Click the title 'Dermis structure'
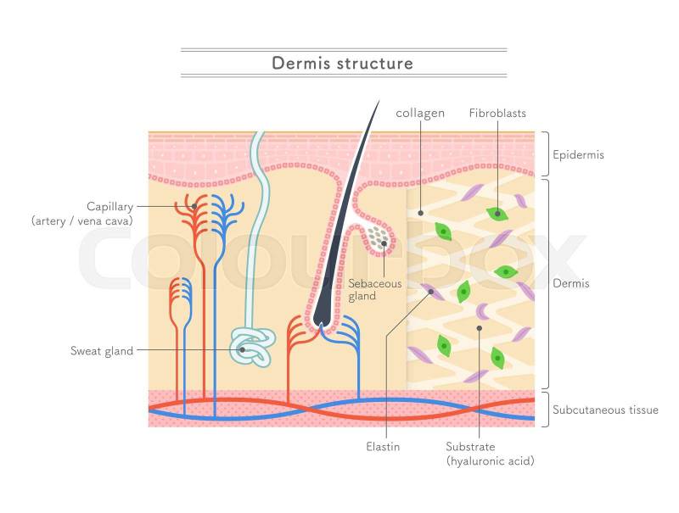coord(342,64)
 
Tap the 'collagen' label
coord(420,113)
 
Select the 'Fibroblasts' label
coord(497,113)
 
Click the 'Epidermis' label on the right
coord(578,155)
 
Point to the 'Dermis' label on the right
coord(570,283)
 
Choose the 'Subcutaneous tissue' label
coord(605,410)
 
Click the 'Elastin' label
coord(384,446)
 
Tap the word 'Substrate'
coord(470,446)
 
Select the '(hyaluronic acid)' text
coord(490,461)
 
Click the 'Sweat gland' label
coord(102,350)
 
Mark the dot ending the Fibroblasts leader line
coord(498,214)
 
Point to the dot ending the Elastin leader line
coord(432,292)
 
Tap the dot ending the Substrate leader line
coord(480,327)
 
